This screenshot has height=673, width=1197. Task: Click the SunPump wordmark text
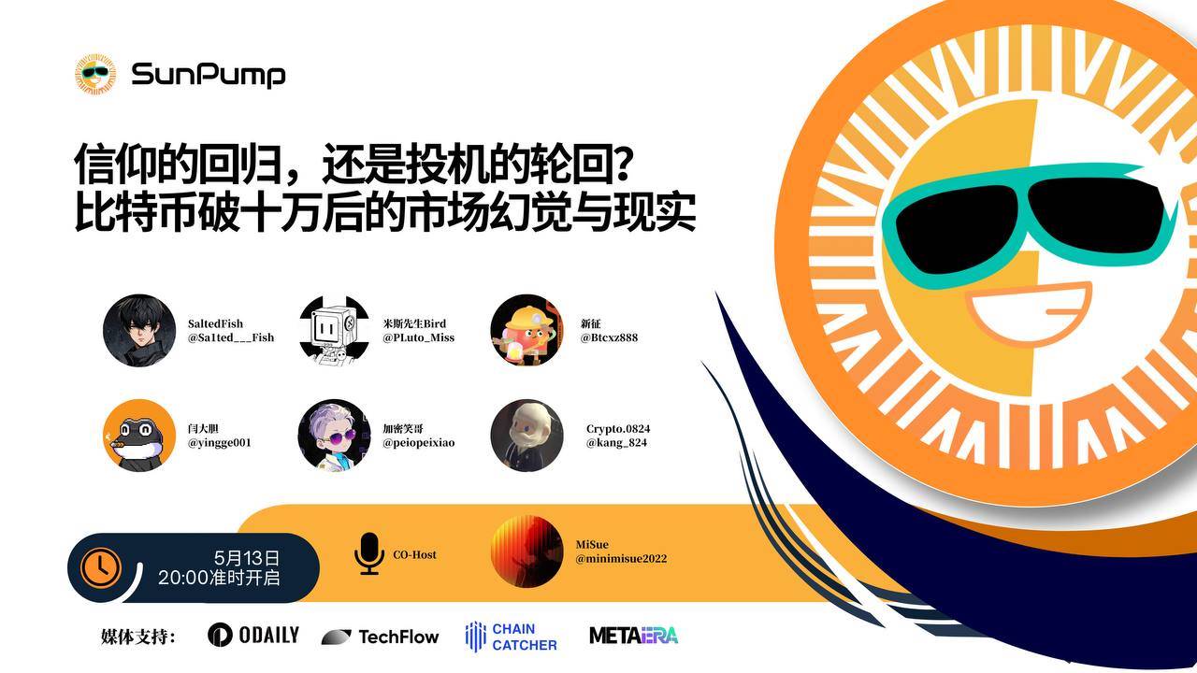(x=209, y=75)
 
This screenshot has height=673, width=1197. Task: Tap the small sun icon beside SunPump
(x=95, y=74)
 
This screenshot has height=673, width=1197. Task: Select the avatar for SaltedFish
(x=139, y=330)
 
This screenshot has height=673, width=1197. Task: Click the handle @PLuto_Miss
(x=418, y=337)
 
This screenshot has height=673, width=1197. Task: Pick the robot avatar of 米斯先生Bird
(x=334, y=330)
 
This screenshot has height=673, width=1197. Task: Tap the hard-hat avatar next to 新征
(x=526, y=330)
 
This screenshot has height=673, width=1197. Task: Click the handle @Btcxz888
(x=609, y=337)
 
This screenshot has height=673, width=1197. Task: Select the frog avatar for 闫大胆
(x=139, y=436)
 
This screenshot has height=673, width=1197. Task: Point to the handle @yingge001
(x=220, y=443)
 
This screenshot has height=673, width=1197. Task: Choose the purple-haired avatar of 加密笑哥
(x=334, y=436)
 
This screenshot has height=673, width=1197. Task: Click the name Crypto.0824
(x=618, y=429)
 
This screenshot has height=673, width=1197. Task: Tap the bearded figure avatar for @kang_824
(x=526, y=436)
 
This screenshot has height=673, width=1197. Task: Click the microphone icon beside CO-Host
(x=369, y=554)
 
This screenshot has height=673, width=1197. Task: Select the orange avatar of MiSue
(x=526, y=551)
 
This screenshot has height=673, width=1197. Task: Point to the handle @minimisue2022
(x=621, y=559)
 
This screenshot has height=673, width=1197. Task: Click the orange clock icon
(x=100, y=567)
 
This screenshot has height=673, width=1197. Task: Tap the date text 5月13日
(x=247, y=558)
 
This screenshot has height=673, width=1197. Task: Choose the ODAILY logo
(x=253, y=635)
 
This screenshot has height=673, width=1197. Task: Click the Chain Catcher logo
(x=512, y=637)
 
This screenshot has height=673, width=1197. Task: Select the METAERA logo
(x=634, y=636)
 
